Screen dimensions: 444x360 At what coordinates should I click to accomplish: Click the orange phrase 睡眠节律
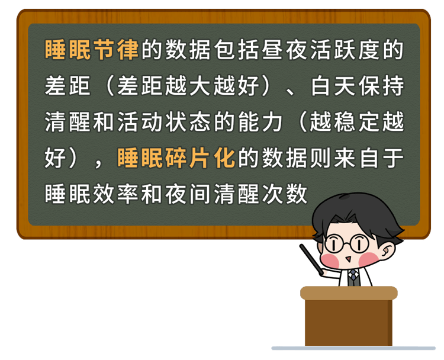(92, 50)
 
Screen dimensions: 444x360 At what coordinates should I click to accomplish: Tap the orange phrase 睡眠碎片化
(176, 158)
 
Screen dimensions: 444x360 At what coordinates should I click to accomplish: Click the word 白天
(333, 86)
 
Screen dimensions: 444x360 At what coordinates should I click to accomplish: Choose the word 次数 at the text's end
(285, 194)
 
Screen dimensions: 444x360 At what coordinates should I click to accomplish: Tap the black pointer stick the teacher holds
(311, 259)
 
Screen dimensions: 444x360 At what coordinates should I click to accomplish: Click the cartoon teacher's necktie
(353, 278)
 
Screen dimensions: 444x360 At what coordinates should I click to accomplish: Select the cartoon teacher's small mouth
(348, 259)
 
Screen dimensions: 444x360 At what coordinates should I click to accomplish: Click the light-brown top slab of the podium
(349, 293)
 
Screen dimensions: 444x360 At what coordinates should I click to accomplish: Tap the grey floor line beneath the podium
(353, 348)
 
